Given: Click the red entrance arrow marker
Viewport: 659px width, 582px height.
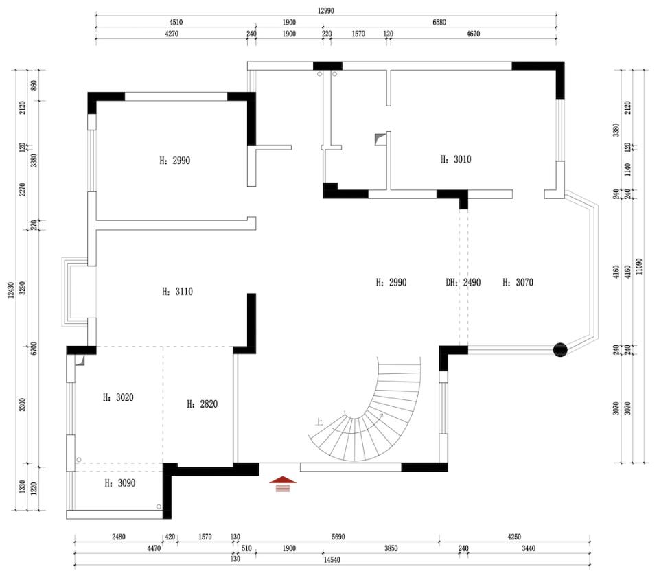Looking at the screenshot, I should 284,485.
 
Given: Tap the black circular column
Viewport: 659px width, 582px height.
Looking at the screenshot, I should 561,350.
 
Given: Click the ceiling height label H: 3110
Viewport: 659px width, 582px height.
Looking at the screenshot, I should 177,292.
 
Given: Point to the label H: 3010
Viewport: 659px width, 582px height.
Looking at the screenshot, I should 455,159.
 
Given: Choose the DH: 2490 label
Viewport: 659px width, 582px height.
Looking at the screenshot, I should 463,282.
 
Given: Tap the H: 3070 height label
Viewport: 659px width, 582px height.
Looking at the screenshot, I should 518,282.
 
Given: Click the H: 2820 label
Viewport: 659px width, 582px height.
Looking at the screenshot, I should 202,404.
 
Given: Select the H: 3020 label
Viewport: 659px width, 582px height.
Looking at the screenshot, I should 118,397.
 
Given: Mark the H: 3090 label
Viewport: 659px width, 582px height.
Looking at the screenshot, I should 119,483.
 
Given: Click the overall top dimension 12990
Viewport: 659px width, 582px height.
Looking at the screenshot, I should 326,11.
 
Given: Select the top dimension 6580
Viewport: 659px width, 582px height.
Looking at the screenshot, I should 439,22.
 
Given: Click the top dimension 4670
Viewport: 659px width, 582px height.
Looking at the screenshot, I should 473,34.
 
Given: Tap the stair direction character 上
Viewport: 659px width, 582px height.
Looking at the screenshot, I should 319,423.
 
